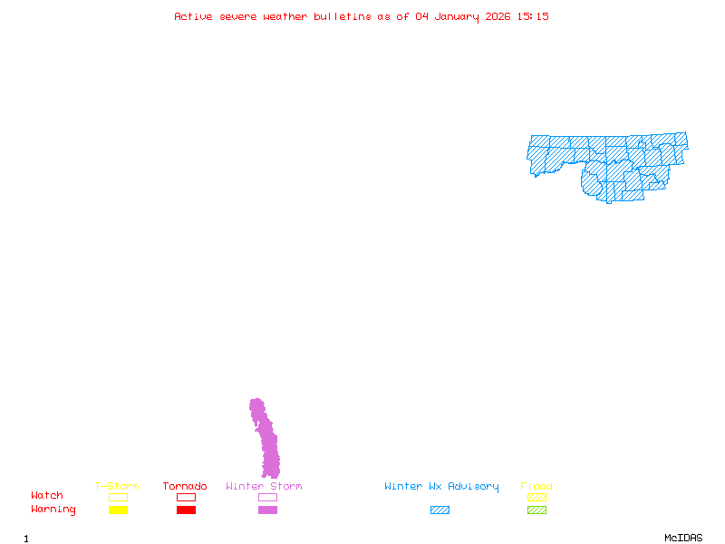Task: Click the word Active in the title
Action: pyautogui.click(x=193, y=16)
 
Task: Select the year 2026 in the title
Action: pyautogui.click(x=498, y=16)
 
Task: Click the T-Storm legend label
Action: pyautogui.click(x=117, y=486)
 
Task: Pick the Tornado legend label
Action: pyautogui.click(x=185, y=486)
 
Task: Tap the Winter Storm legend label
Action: pyautogui.click(x=264, y=486)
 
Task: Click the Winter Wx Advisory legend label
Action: pyautogui.click(x=441, y=486)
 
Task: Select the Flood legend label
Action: pyautogui.click(x=536, y=486)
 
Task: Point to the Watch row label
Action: pyautogui.click(x=47, y=496)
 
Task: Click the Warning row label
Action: pyautogui.click(x=53, y=510)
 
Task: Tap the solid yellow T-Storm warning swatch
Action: pyautogui.click(x=118, y=510)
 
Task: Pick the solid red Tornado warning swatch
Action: pyautogui.click(x=186, y=510)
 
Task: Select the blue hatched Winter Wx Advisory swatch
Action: pyautogui.click(x=440, y=510)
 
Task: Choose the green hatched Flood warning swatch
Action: pyautogui.click(x=536, y=510)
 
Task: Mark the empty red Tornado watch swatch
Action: pyautogui.click(x=186, y=498)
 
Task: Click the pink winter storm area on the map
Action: pyautogui.click(x=267, y=444)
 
